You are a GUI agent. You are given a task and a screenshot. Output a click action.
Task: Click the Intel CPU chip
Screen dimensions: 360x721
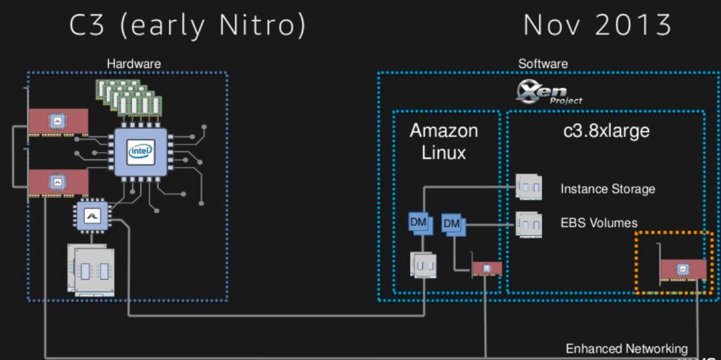point(140,152)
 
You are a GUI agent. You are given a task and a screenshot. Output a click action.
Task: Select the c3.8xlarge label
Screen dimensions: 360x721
point(606,131)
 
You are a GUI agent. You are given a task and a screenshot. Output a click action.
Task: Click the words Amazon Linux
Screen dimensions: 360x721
point(444,141)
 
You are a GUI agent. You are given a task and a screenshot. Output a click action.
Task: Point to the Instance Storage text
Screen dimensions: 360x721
point(608,189)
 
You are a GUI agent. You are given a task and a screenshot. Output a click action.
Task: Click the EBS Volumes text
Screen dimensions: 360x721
point(599,222)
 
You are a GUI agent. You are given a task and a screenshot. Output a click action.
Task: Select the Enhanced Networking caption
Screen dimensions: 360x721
point(626,349)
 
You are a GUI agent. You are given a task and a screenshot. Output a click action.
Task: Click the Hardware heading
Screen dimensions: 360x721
point(134,63)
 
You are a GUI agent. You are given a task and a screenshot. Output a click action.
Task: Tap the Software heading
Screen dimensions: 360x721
point(543,63)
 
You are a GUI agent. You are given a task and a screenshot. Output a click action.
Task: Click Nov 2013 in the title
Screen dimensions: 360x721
point(597,25)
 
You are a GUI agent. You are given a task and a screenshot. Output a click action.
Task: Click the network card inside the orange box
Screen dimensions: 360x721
point(682,269)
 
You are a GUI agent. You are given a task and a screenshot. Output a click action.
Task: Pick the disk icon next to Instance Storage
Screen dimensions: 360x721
point(529,187)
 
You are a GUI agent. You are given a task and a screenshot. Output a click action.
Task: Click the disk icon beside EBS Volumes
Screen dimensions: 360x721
point(529,220)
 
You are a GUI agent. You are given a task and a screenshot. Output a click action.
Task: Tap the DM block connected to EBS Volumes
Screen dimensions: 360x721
point(452,223)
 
